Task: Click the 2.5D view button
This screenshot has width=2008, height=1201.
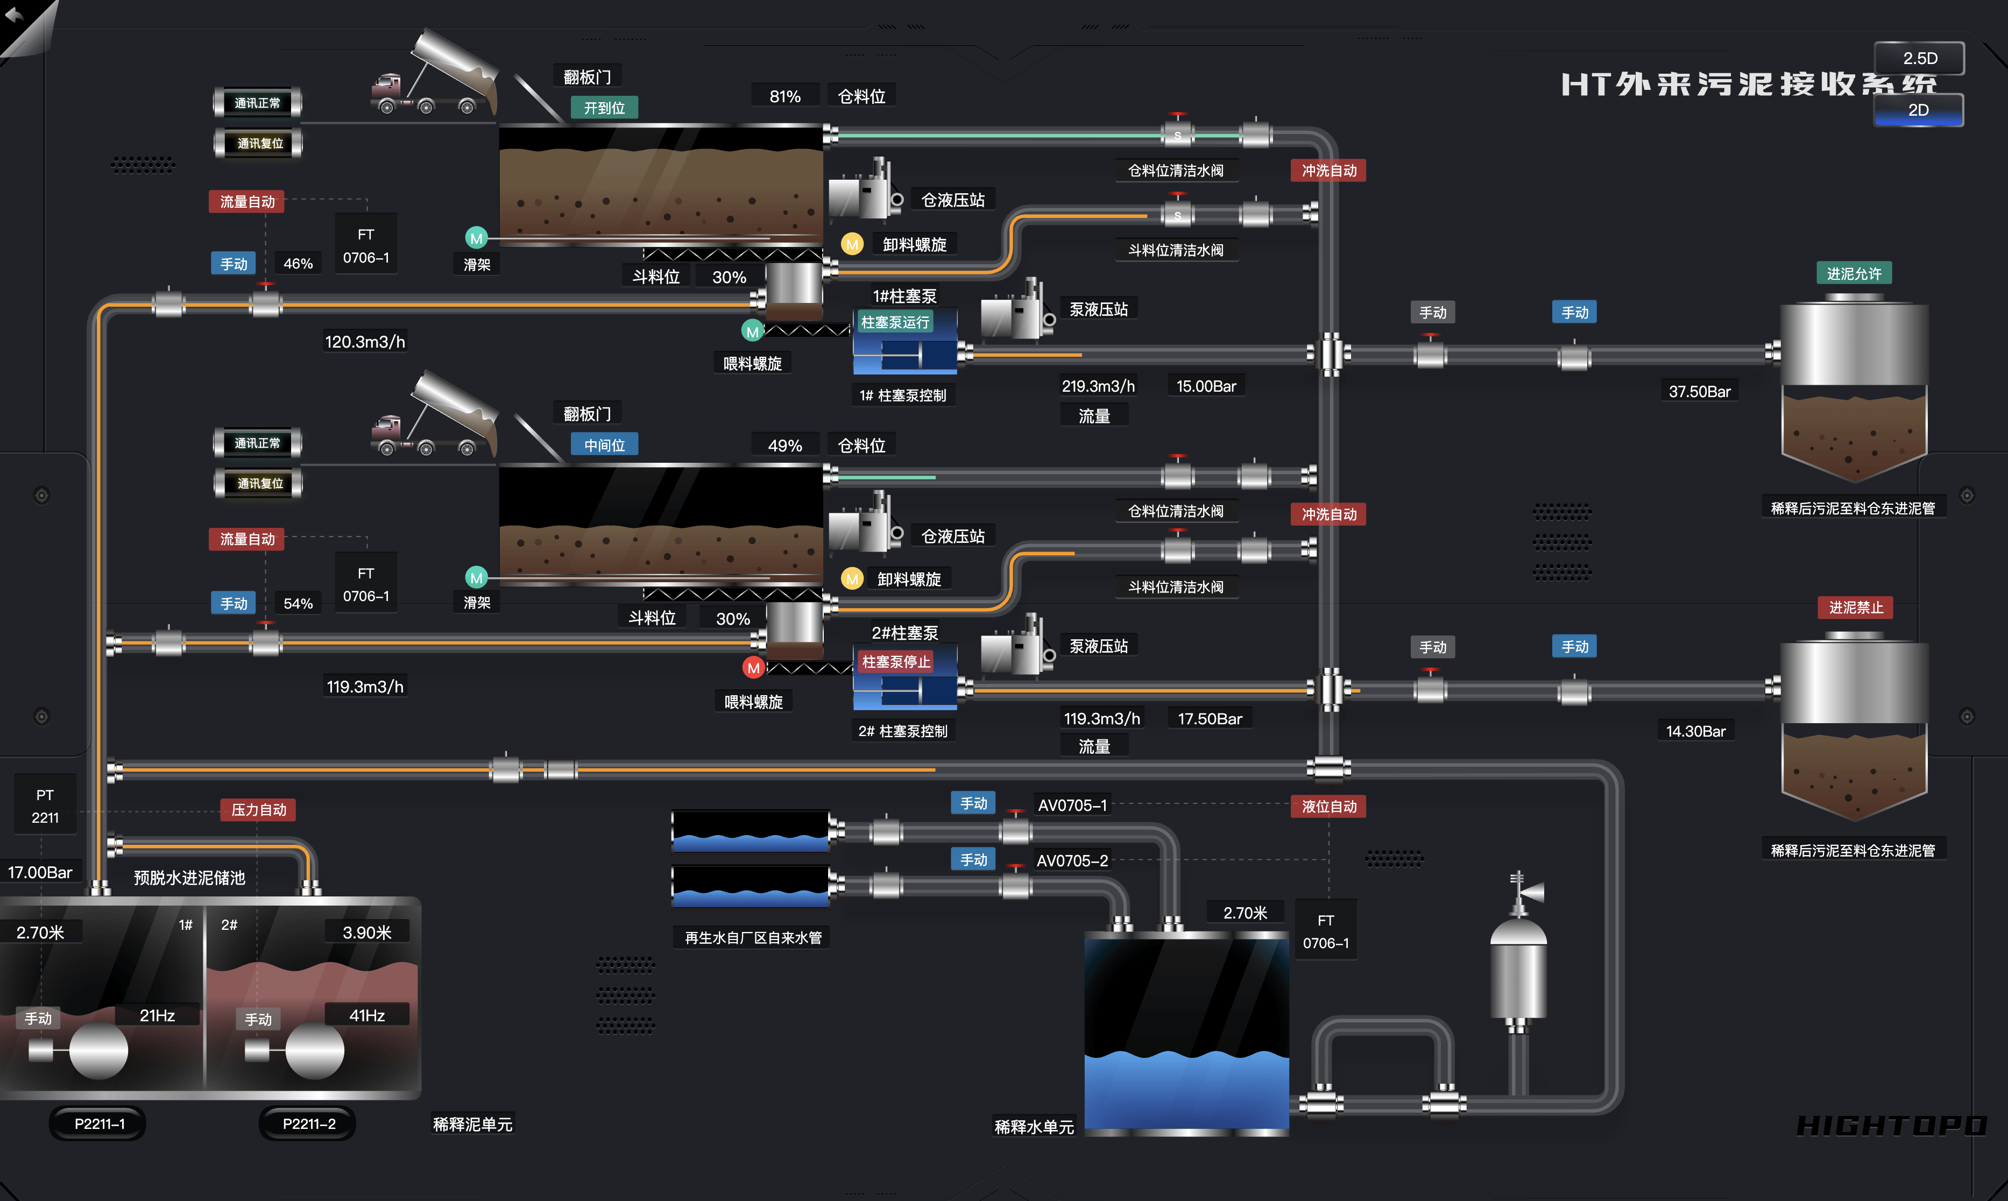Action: [1919, 58]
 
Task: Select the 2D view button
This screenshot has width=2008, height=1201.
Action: [1918, 110]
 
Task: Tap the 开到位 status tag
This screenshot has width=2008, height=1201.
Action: [604, 108]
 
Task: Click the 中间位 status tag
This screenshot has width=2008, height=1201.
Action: [604, 445]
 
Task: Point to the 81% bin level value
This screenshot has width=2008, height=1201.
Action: [785, 96]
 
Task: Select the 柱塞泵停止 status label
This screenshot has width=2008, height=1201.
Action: [896, 662]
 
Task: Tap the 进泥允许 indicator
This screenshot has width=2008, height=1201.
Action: [1854, 273]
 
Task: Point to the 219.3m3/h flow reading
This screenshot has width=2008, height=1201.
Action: [1098, 386]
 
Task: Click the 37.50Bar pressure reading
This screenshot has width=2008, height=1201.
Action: [1699, 392]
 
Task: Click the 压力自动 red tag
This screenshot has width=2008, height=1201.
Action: [259, 810]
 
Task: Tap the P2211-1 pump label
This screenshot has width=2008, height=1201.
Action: [98, 1124]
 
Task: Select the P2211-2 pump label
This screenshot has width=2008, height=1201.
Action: [308, 1124]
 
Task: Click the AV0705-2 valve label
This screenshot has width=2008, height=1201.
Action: [1072, 861]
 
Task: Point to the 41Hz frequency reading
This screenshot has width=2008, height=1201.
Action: [366, 1016]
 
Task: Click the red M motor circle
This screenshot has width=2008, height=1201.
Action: [753, 668]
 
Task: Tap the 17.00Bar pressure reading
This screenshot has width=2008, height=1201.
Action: [40, 872]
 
